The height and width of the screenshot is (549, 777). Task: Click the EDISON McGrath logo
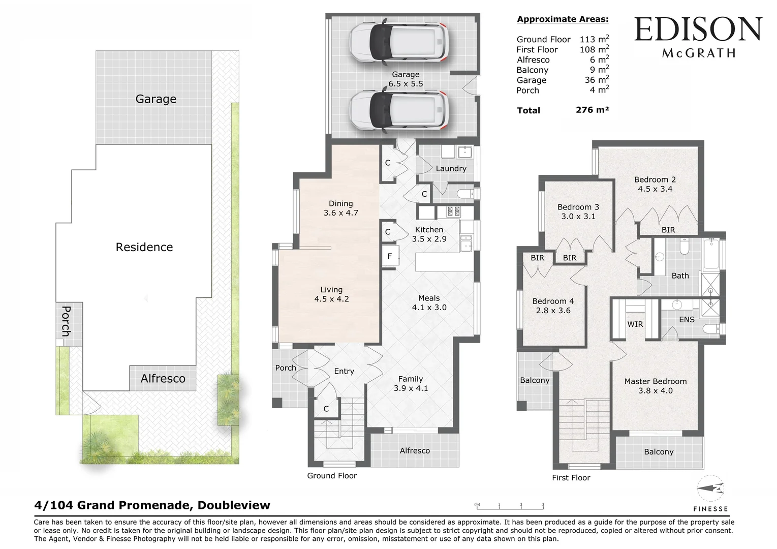[698, 37]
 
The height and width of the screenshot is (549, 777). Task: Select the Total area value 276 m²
[592, 110]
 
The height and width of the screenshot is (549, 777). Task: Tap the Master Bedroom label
[655, 381]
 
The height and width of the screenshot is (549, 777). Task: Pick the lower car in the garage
[398, 109]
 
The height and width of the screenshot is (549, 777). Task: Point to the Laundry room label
[451, 169]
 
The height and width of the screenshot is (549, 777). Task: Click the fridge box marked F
[390, 257]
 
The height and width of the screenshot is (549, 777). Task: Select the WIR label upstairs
[635, 324]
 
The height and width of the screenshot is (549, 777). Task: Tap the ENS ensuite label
[687, 320]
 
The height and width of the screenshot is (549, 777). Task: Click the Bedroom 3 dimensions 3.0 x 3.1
[578, 217]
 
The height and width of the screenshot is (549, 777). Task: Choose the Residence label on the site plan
[144, 248]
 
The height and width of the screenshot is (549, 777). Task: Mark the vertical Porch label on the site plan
[66, 321]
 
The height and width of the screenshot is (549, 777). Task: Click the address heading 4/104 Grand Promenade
[152, 505]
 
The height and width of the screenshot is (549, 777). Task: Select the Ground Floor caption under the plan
[332, 476]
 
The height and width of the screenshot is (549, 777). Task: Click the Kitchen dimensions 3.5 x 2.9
[429, 239]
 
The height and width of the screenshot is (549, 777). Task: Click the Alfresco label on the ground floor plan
[415, 451]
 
